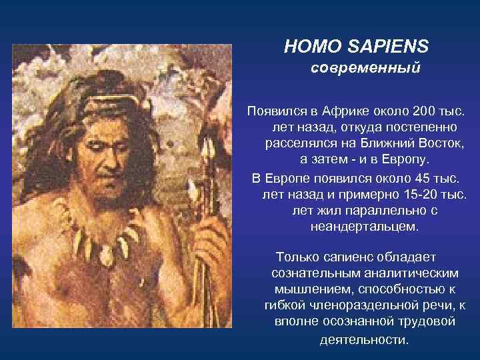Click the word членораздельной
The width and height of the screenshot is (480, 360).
359,306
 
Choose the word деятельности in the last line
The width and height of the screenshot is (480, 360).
362,339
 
